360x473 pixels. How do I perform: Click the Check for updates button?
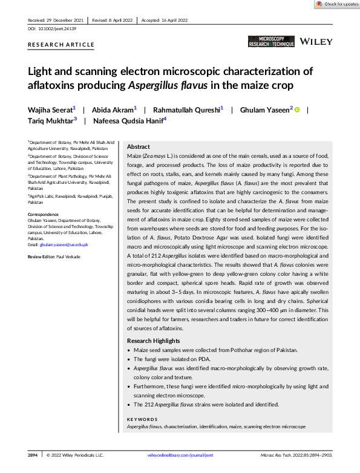point(337,4)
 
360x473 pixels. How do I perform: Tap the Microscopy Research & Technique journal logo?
point(271,42)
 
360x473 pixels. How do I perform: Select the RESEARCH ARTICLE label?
point(61,45)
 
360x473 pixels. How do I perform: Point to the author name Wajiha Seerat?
point(50,109)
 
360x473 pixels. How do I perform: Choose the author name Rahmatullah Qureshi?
point(186,109)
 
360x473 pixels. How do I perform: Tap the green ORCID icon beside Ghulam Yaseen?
point(297,109)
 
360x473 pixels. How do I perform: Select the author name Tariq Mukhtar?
point(50,120)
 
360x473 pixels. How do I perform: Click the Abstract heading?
point(138,147)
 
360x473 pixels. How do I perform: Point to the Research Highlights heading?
point(153,341)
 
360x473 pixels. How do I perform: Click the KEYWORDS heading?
point(142,419)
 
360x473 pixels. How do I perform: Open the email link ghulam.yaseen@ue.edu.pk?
point(56,244)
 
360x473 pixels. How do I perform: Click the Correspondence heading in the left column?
point(44,214)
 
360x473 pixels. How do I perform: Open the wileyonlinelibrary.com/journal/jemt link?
point(180,454)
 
